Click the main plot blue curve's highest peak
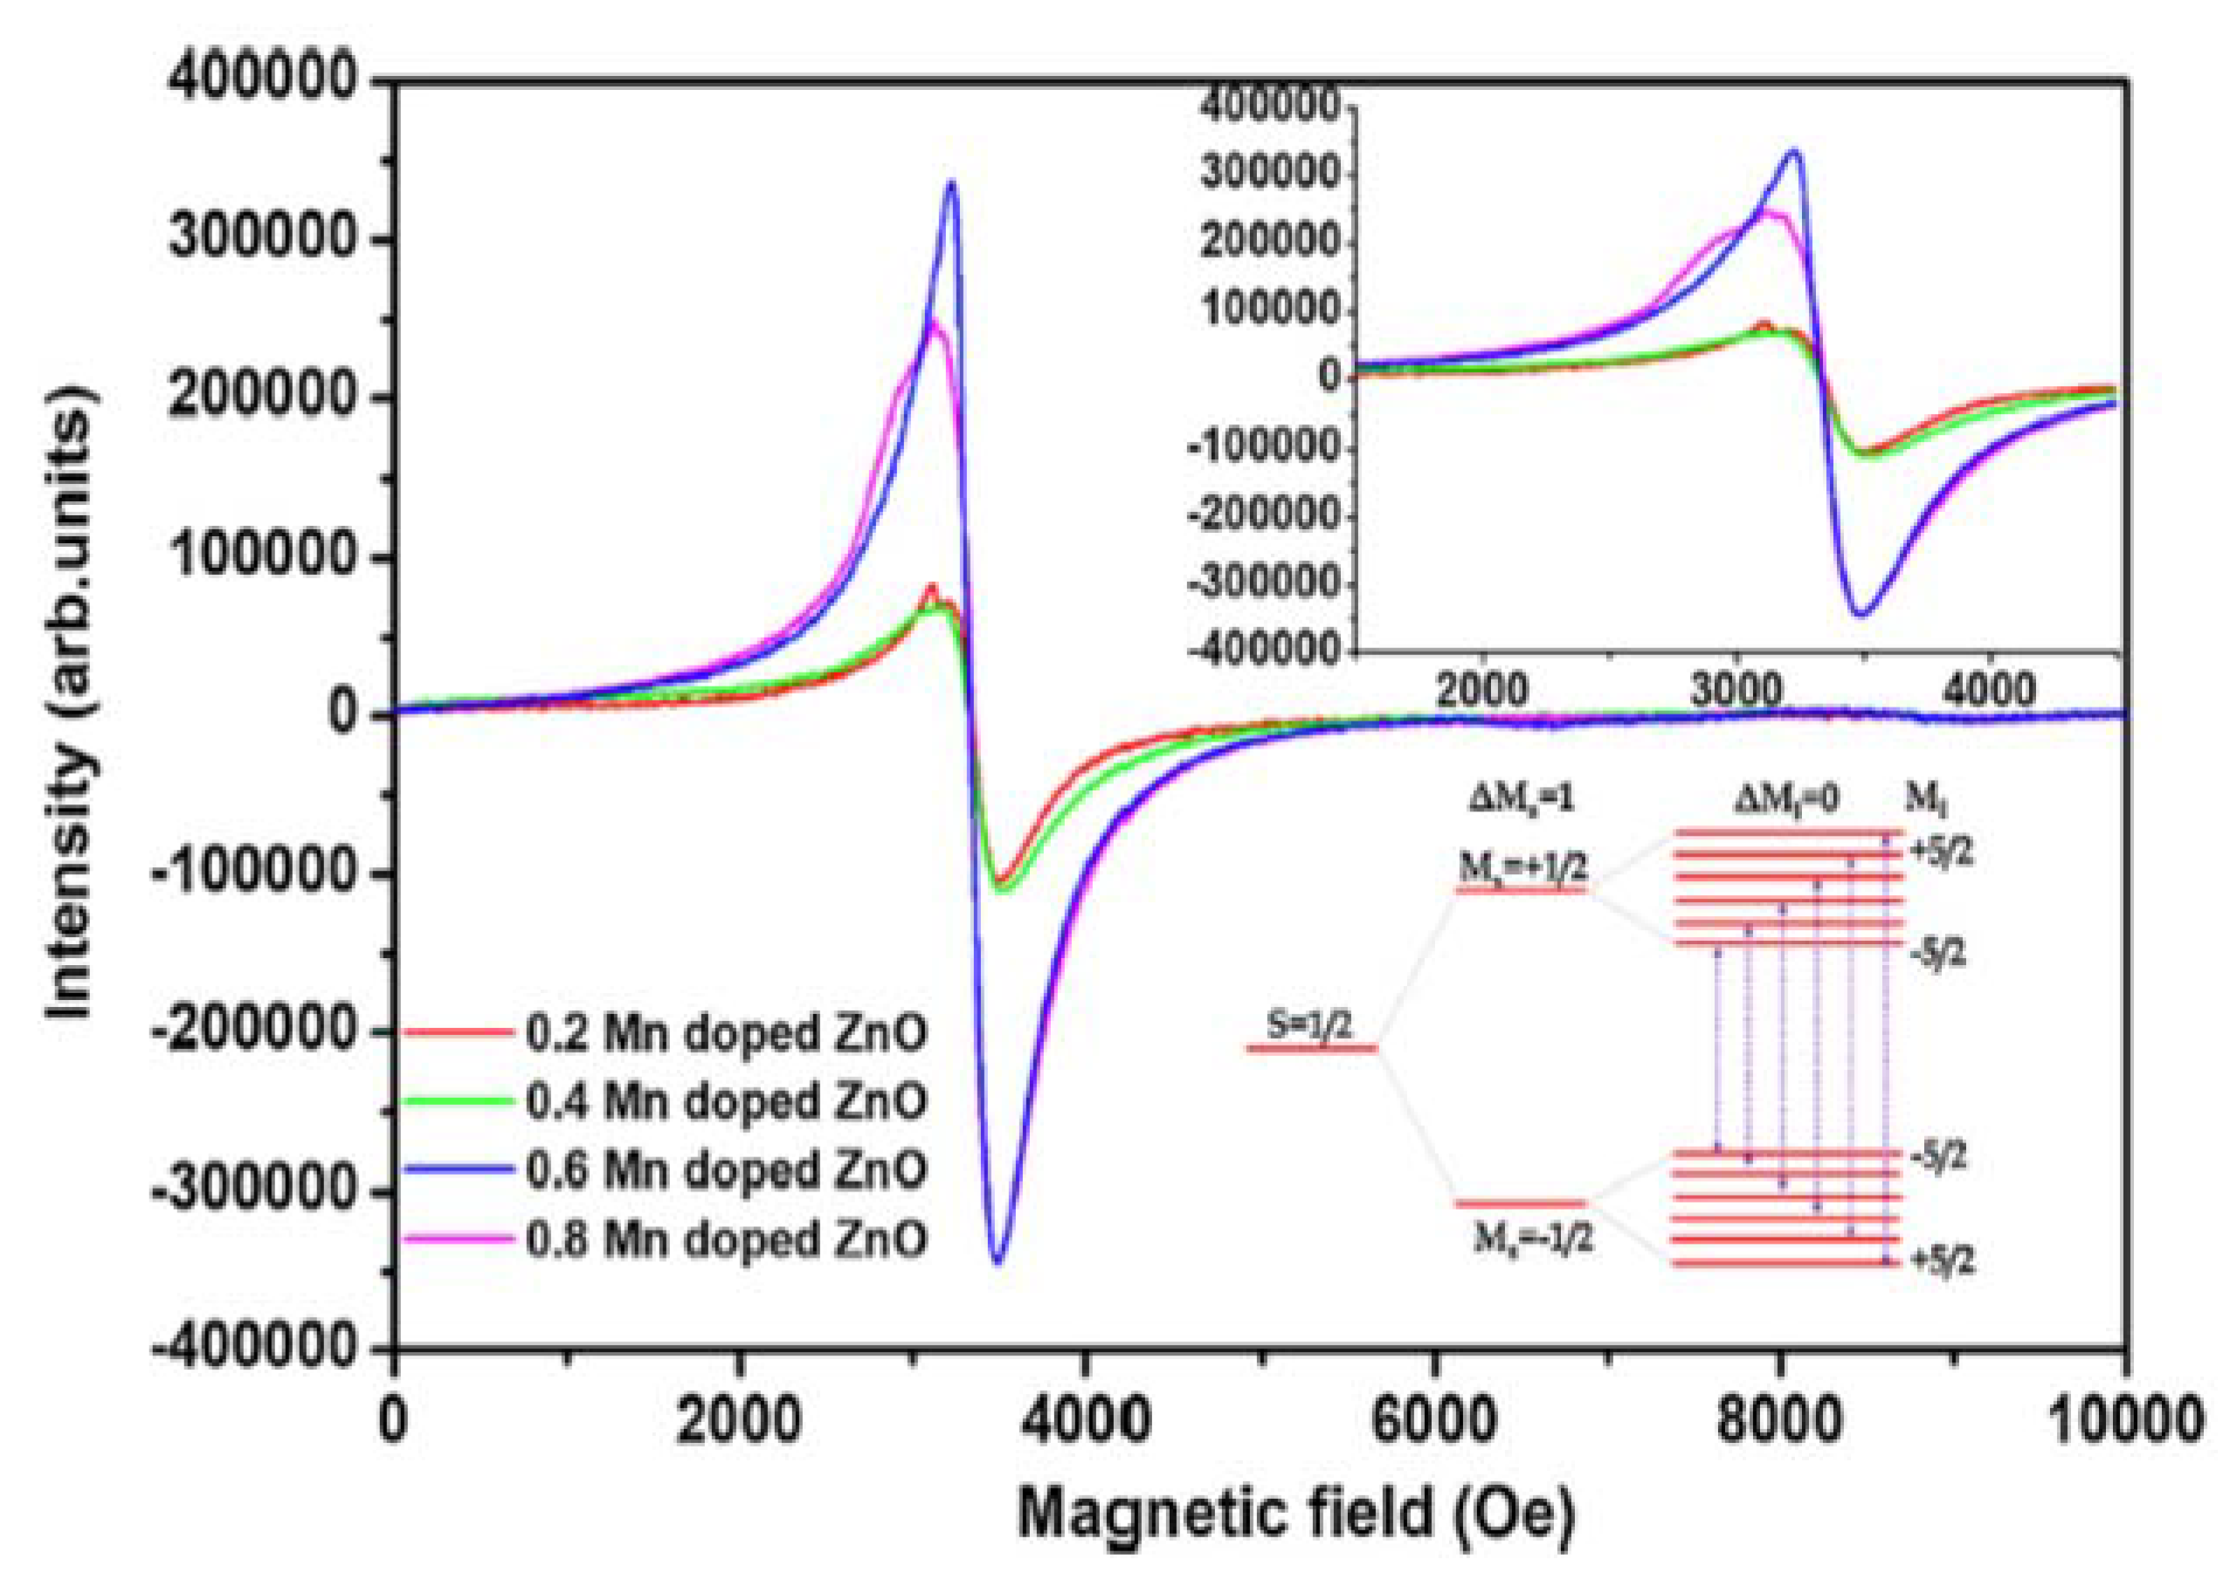tap(951, 183)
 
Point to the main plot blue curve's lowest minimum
tap(997, 1263)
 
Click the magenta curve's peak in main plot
tap(933, 321)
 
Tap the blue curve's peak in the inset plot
tap(1794, 151)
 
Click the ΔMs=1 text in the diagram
tap(1522, 799)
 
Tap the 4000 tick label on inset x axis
tap(1986, 691)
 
